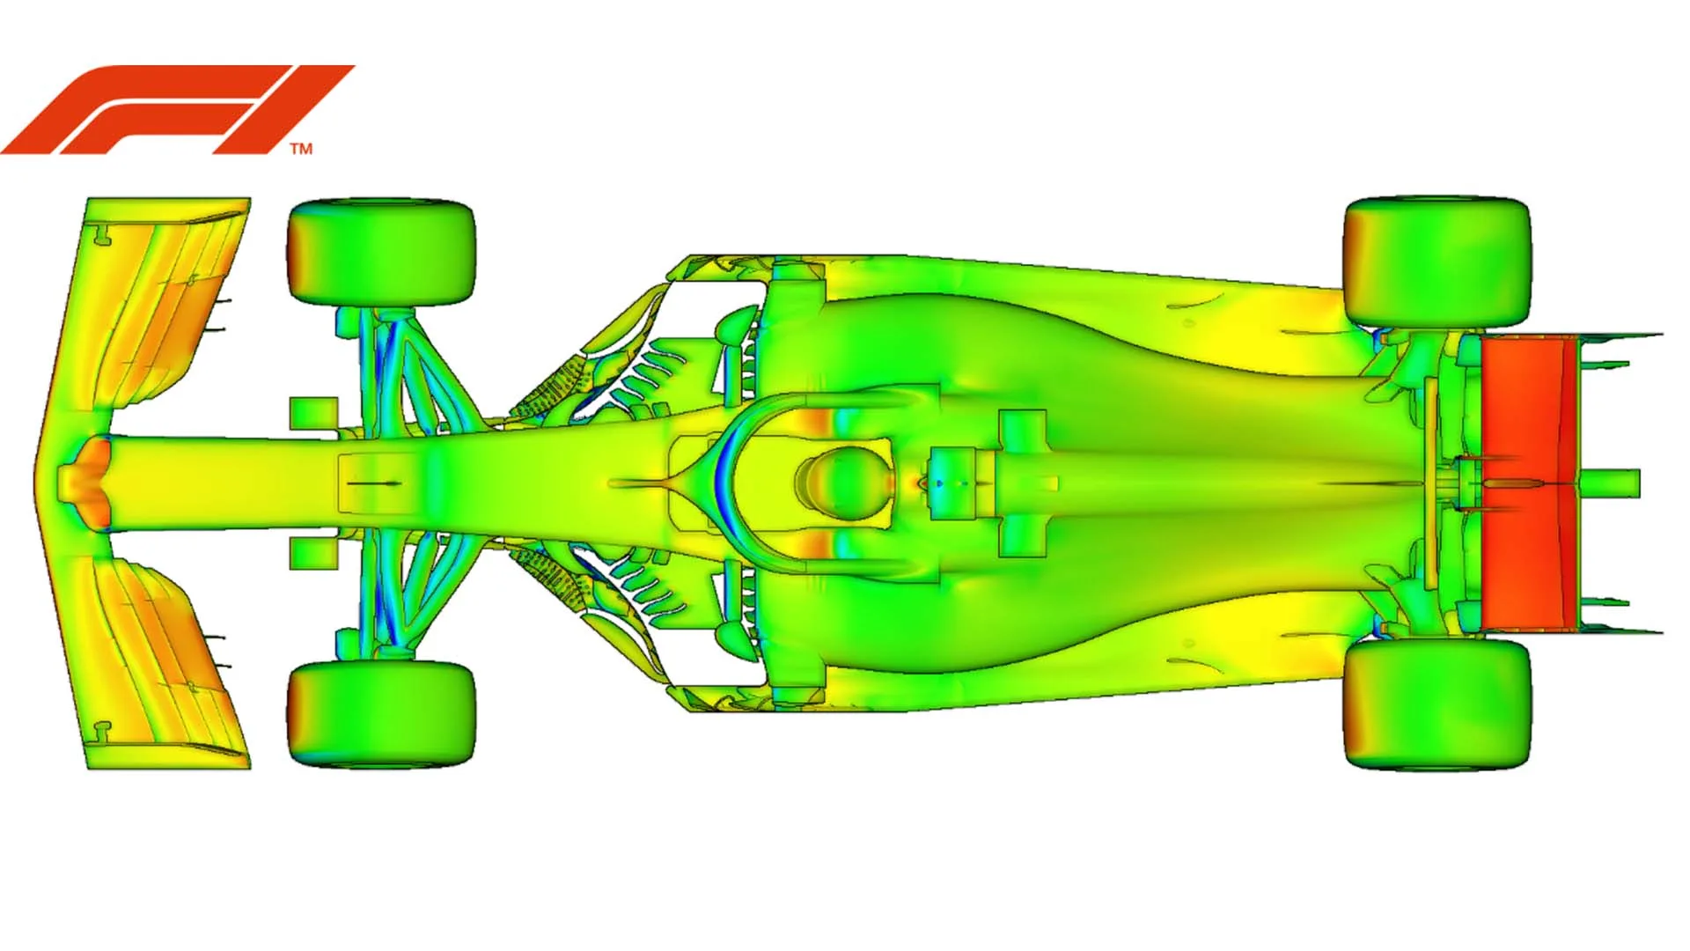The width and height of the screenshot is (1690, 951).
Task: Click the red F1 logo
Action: coord(176,109)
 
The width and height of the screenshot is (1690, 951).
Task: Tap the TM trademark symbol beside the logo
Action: coord(301,149)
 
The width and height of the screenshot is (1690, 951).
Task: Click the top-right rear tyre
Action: coord(1436,262)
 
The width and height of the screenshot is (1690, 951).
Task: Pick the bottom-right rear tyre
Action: coord(1436,704)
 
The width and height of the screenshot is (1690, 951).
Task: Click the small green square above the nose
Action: coord(313,413)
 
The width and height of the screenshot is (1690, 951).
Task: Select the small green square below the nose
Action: coord(313,552)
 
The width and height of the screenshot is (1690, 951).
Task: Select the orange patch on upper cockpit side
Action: coord(819,421)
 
